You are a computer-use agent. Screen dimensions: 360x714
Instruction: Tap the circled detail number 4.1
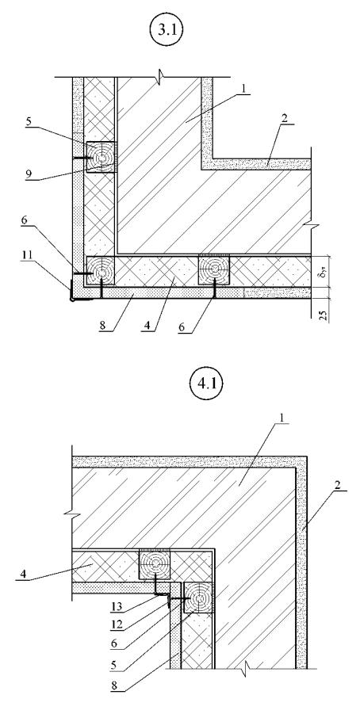tap(205, 385)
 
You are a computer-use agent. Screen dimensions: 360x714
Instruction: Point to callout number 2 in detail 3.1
tap(285, 117)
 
